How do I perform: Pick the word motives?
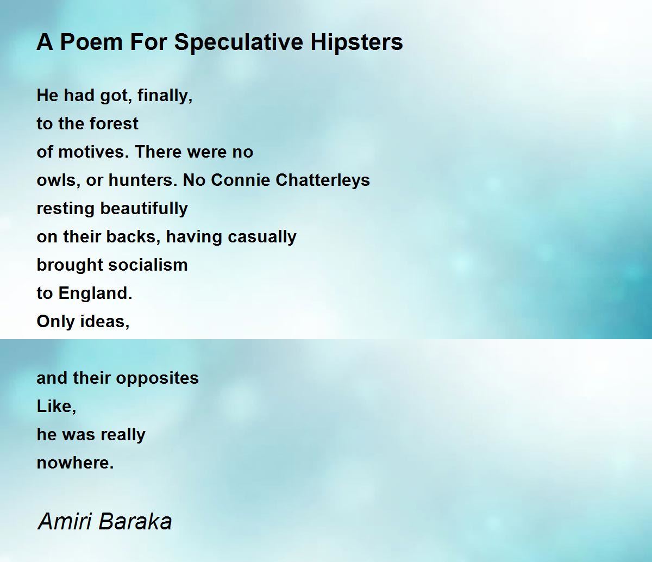tap(92, 152)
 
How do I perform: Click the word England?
tap(95, 294)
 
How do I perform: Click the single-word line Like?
tap(56, 407)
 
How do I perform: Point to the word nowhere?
tap(75, 463)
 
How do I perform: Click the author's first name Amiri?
tap(65, 521)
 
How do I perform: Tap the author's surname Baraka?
tap(136, 521)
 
